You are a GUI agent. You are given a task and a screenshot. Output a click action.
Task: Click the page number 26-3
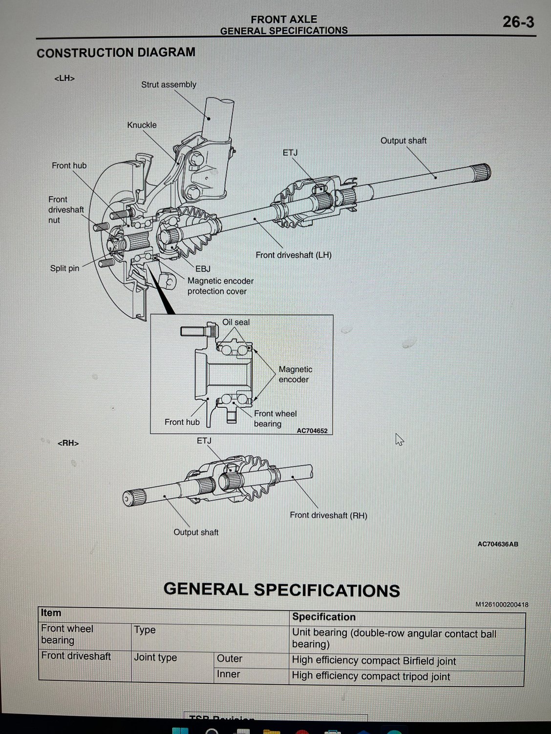click(x=518, y=22)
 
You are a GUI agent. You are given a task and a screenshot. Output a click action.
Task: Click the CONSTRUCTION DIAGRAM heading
click(x=116, y=53)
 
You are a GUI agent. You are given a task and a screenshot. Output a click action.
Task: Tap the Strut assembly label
click(x=169, y=84)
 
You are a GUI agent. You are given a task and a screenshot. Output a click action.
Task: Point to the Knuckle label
click(x=142, y=125)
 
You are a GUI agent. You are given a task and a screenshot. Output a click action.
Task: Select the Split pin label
click(x=64, y=268)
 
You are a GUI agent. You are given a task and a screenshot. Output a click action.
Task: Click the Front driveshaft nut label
click(x=65, y=210)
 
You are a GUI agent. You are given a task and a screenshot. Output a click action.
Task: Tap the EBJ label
click(x=203, y=269)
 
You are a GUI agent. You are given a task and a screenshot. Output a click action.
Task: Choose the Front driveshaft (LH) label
click(x=293, y=255)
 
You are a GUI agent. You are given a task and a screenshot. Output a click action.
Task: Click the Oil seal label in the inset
click(x=236, y=322)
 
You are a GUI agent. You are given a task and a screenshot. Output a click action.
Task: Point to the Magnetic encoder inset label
click(x=295, y=374)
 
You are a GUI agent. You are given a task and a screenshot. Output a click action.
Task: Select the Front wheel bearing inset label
click(x=275, y=419)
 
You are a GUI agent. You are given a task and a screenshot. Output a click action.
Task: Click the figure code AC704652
click(x=312, y=431)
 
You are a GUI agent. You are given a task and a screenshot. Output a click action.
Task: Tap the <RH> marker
click(x=68, y=443)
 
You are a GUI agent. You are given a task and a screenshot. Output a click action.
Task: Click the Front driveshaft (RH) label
click(x=328, y=515)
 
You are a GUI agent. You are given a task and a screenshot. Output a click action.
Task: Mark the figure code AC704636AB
click(x=497, y=544)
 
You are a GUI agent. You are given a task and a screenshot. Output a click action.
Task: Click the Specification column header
click(x=323, y=617)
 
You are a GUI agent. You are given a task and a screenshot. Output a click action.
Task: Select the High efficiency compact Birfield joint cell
click(x=374, y=661)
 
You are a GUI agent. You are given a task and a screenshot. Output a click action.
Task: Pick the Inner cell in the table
click(x=228, y=674)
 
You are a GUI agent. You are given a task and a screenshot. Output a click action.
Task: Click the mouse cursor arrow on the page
click(x=399, y=439)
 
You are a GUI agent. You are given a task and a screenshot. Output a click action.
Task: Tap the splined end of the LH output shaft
click(x=482, y=172)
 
